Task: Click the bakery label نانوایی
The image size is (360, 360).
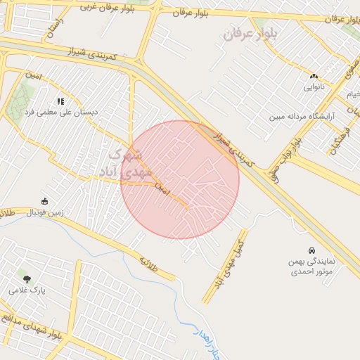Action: click(314, 87)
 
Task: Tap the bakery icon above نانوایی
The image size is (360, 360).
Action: click(314, 76)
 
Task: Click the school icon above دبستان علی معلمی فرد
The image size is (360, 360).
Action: click(60, 101)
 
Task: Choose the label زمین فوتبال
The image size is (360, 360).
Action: click(46, 212)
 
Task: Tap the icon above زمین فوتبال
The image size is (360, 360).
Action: click(45, 201)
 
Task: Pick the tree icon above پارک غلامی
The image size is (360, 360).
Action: click(27, 279)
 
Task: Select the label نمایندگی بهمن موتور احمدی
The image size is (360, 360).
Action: click(311, 265)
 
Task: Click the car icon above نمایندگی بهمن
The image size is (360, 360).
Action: click(311, 250)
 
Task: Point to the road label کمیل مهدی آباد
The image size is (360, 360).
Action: click(229, 263)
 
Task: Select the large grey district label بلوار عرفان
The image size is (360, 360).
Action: click(251, 32)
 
